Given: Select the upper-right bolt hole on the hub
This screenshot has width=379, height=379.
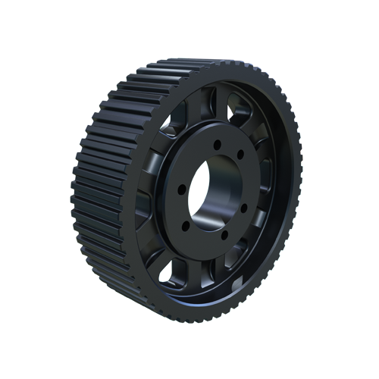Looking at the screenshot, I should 240,155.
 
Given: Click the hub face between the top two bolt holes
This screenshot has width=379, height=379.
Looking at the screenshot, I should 229,149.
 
